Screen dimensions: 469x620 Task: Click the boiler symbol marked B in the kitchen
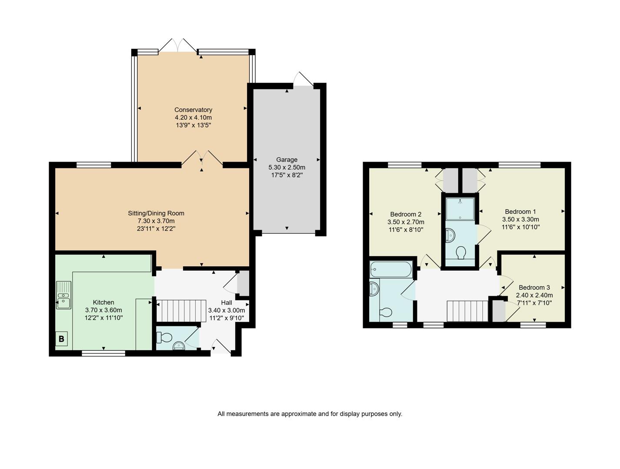(61, 339)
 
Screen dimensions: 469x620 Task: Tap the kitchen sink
(63, 295)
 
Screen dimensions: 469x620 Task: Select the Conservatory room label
(193, 110)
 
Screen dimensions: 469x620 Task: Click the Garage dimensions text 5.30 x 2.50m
(287, 168)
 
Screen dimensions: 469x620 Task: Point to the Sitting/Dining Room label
(156, 213)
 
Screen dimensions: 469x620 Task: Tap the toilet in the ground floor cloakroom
(165, 337)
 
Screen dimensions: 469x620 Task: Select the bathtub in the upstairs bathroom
(390, 269)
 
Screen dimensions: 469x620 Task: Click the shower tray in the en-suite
(460, 209)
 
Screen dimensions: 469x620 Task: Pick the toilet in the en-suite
(460, 252)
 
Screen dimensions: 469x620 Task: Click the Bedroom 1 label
(520, 211)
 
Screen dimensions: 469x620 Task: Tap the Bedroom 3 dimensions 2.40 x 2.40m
(534, 295)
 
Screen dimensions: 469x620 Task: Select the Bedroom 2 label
(405, 214)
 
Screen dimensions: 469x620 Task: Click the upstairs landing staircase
(467, 311)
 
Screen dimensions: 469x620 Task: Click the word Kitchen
(103, 302)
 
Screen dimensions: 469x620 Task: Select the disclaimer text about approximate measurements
(310, 414)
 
